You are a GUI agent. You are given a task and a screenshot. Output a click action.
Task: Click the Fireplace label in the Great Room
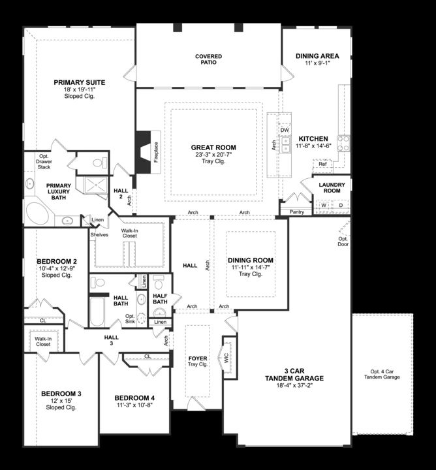pos(156,152)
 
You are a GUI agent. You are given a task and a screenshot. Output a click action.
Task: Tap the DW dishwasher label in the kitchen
pos(285,130)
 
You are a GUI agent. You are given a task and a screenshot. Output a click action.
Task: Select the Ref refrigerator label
pos(322,164)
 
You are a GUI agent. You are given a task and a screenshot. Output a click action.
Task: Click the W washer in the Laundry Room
pos(324,206)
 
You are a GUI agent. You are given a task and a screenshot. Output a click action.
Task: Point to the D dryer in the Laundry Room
pos(341,206)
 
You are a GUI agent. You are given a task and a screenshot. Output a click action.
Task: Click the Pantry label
pos(297,212)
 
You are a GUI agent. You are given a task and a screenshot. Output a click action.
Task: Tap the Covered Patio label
pos(209,59)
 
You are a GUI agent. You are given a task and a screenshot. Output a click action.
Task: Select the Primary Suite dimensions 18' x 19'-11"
pos(80,89)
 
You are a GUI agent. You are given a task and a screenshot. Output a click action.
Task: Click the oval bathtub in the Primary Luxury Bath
pos(37,213)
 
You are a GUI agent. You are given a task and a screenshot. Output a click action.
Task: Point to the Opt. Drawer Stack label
pos(44,162)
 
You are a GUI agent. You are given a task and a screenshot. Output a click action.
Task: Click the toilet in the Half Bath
pos(158,282)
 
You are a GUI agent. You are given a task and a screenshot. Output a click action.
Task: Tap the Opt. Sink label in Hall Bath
pos(130,319)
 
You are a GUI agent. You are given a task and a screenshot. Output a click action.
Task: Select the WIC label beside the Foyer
pos(226,358)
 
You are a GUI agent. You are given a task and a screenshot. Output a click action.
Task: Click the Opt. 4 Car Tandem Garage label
pos(382,375)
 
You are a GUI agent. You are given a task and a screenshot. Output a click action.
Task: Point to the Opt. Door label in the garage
pos(343,242)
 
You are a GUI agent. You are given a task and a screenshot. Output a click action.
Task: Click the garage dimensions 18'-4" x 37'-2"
pos(294,386)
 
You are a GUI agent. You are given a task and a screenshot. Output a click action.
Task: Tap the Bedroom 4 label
pos(134,398)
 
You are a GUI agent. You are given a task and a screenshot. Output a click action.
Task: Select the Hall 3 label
pos(112,340)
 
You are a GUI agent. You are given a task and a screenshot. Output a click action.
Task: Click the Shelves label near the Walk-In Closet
pos(99,235)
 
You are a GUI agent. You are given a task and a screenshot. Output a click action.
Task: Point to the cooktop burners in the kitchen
pos(343,143)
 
